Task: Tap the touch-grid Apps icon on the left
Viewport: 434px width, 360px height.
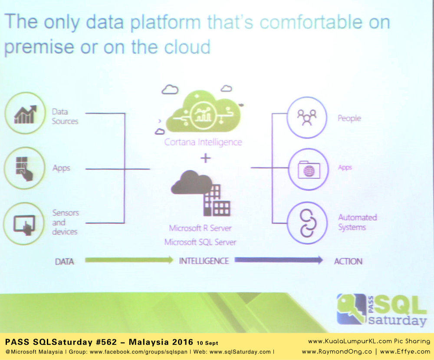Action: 24,168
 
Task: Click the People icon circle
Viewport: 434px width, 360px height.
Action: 307,117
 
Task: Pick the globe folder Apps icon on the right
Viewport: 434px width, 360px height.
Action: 308,169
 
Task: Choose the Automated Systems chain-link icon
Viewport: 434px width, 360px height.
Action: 307,223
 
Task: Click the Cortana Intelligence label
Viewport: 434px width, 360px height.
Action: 203,142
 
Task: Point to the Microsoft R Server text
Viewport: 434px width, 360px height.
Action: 200,228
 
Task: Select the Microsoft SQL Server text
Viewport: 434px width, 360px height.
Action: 200,242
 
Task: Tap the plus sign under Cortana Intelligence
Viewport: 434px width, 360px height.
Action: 205,159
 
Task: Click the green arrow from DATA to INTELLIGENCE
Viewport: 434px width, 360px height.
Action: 129,260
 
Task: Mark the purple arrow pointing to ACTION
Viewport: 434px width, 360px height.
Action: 279,260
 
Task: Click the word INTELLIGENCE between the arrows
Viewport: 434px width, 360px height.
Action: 204,261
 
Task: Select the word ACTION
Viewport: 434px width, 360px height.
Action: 348,261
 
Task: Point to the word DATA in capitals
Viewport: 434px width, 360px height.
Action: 64,262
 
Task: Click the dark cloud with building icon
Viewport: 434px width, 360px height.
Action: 201,193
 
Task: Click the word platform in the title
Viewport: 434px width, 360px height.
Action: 165,23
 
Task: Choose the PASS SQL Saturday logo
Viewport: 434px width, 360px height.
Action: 381,310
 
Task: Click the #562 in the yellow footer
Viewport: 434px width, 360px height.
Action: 106,342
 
